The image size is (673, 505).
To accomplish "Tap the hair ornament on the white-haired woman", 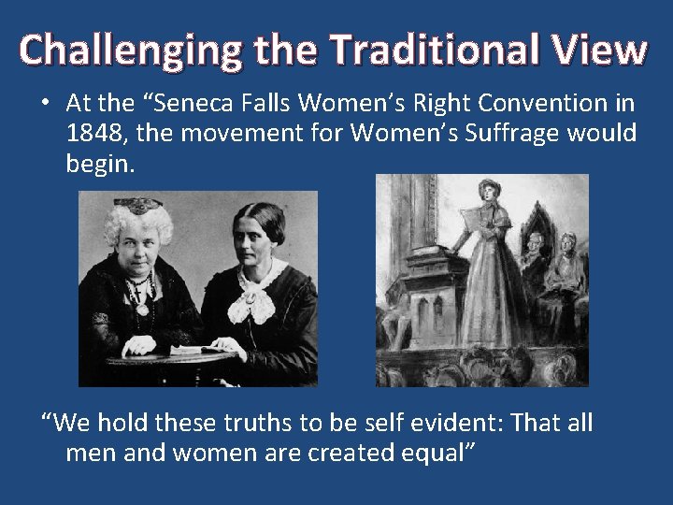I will tap(138, 202).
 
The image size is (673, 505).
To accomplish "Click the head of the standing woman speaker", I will tap(492, 191).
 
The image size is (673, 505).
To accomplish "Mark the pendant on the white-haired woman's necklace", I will tap(142, 306).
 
